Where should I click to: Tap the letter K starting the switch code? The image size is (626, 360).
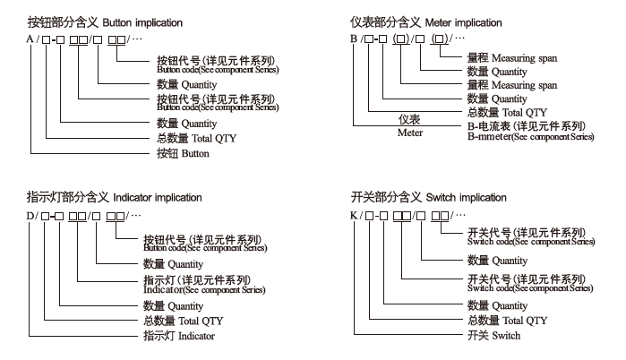[x=356, y=217]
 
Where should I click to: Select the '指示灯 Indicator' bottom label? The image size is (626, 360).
[x=180, y=336]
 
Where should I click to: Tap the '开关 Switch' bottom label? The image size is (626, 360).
[x=493, y=336]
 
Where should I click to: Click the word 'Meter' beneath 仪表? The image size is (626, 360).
[x=409, y=133]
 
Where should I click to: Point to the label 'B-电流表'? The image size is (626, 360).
[x=492, y=126]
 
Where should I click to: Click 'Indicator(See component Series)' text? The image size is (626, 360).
[x=205, y=290]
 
